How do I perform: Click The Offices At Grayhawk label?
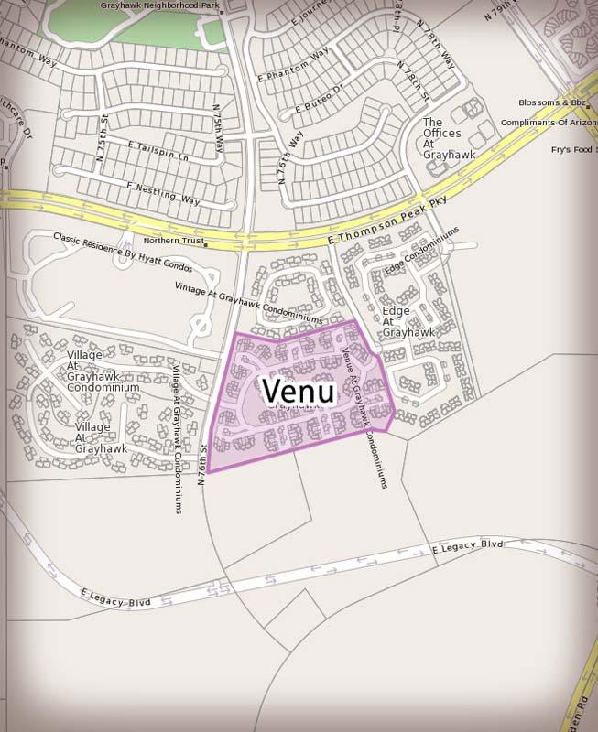tap(449, 138)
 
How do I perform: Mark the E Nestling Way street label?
tap(164, 193)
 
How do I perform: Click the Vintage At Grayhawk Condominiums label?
tap(249, 302)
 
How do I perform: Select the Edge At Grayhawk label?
tap(408, 321)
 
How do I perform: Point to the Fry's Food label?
tap(573, 149)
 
